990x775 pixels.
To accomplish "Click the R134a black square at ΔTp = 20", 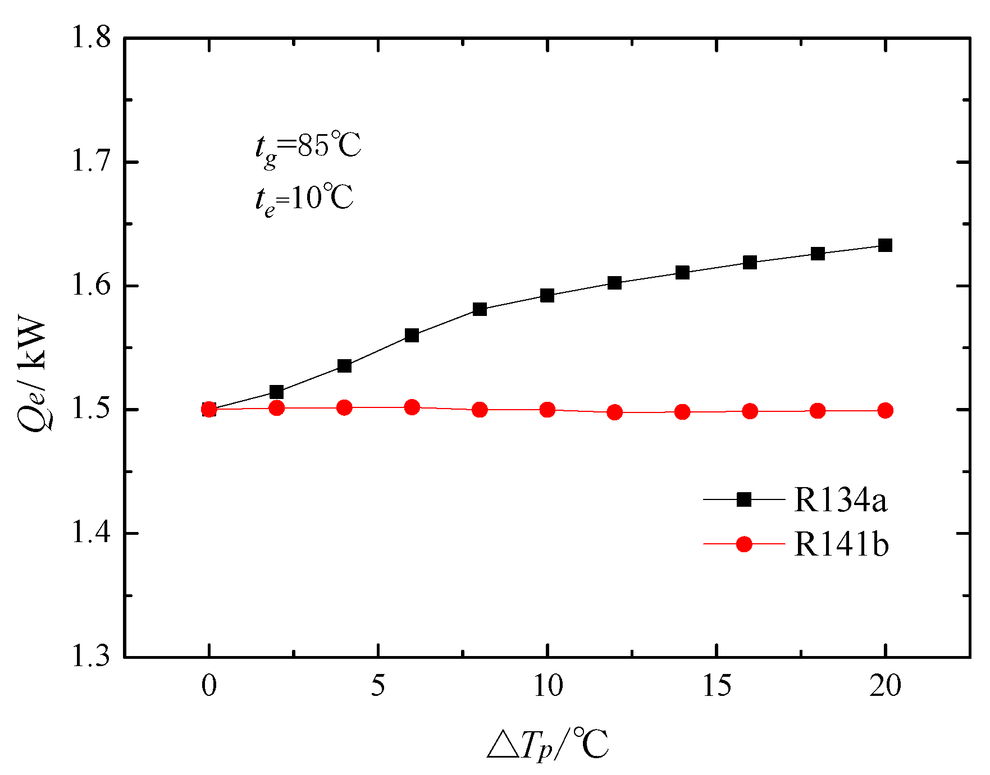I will (885, 245).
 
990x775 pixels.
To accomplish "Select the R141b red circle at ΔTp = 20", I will (885, 411).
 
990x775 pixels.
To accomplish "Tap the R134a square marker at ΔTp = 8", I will (480, 309).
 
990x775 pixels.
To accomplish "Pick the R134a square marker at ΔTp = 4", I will (344, 366).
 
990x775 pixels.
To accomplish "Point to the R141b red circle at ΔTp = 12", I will (615, 412).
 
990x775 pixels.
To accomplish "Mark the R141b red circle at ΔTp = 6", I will (412, 407).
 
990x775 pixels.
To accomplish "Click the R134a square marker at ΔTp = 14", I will (682, 273).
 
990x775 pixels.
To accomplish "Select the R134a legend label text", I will (840, 499).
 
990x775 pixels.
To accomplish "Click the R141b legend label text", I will (841, 544).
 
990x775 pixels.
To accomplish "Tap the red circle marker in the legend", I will (744, 544).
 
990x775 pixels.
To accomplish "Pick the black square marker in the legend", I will (744, 499).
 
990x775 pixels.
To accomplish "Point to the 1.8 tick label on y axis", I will (90, 38).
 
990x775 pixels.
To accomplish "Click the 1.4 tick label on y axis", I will (90, 533).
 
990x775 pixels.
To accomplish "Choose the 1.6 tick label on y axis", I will (90, 286).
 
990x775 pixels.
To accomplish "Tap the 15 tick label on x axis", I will (717, 686).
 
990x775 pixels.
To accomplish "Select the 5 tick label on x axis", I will (378, 686).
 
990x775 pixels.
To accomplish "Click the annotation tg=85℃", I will (308, 147).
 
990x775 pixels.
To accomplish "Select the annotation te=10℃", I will (304, 199).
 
